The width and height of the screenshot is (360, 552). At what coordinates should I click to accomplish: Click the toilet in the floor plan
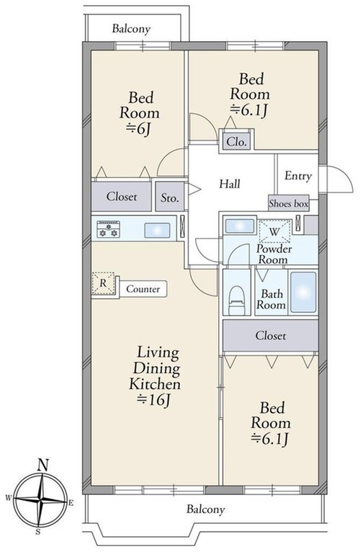[236, 299]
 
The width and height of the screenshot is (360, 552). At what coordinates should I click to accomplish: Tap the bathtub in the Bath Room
[303, 292]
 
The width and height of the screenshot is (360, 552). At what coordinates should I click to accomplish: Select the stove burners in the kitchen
[109, 230]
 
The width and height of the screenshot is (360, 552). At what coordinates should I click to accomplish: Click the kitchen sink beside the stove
[157, 230]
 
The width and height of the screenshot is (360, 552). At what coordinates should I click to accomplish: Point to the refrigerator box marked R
[103, 283]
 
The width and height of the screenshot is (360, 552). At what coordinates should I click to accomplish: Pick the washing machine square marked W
[274, 231]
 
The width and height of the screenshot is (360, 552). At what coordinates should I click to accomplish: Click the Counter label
[143, 289]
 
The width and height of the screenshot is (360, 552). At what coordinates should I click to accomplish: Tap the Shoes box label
[289, 203]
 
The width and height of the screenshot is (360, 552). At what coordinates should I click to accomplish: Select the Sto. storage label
[170, 198]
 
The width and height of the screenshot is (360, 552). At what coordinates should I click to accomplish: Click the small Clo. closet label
[236, 142]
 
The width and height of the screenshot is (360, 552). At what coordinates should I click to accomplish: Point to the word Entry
[298, 176]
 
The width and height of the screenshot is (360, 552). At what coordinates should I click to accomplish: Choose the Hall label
[230, 184]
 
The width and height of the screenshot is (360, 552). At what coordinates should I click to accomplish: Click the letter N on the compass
[42, 466]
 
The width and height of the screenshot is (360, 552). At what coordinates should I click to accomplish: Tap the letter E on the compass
[71, 503]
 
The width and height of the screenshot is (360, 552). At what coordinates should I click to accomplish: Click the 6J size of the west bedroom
[139, 129]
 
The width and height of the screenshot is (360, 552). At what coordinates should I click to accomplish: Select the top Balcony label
[131, 29]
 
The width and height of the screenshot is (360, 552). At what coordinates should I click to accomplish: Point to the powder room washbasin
[240, 226]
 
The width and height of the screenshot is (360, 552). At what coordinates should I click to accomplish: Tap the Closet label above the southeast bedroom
[271, 336]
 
